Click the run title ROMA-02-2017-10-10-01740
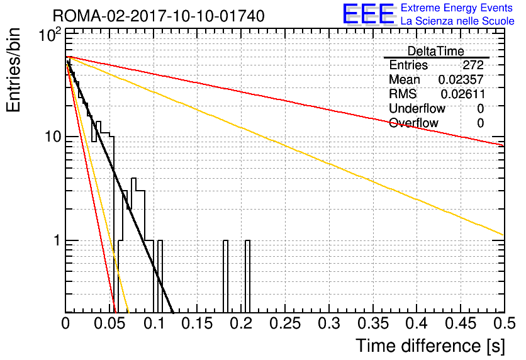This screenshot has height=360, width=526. tap(159, 16)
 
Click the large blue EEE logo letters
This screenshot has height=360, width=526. tap(369, 14)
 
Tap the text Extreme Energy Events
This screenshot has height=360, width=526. tap(456, 8)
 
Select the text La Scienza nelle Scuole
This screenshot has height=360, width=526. tap(457, 21)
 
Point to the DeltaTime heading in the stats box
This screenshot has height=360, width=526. tap(436, 51)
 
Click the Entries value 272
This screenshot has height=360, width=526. tap(473, 65)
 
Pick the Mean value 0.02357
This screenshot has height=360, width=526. tap(461, 79)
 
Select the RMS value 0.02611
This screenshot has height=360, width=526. tap(462, 94)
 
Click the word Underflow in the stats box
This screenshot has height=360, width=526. tap(417, 108)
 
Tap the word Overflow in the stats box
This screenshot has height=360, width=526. tap(413, 123)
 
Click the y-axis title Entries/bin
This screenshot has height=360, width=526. tap(13, 70)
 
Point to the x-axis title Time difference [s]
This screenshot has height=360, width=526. tap(430, 346)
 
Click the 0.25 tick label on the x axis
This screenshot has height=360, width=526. tap(285, 323)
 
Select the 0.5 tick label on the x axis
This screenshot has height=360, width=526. tap(505, 323)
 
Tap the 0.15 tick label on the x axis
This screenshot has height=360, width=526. tap(198, 323)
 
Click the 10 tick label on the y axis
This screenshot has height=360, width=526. tap(53, 137)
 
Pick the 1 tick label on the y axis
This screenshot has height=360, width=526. tap(57, 240)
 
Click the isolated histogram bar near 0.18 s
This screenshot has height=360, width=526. tap(225, 276)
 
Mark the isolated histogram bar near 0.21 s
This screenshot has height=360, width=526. tap(247, 276)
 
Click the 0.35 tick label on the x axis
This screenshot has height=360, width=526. tap(373, 323)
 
